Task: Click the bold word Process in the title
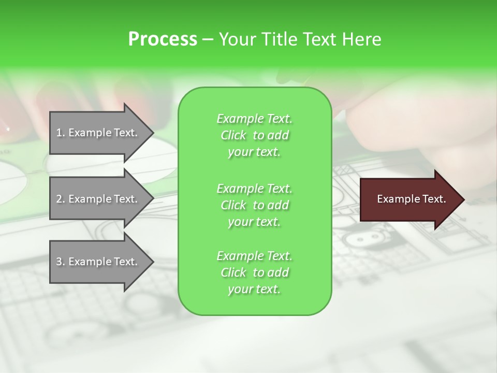click(163, 39)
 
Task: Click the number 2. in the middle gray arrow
click(61, 199)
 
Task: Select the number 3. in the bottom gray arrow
click(61, 262)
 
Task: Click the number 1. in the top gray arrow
click(61, 133)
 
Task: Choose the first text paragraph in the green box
click(254, 135)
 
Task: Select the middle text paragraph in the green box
click(254, 205)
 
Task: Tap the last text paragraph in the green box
click(254, 272)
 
